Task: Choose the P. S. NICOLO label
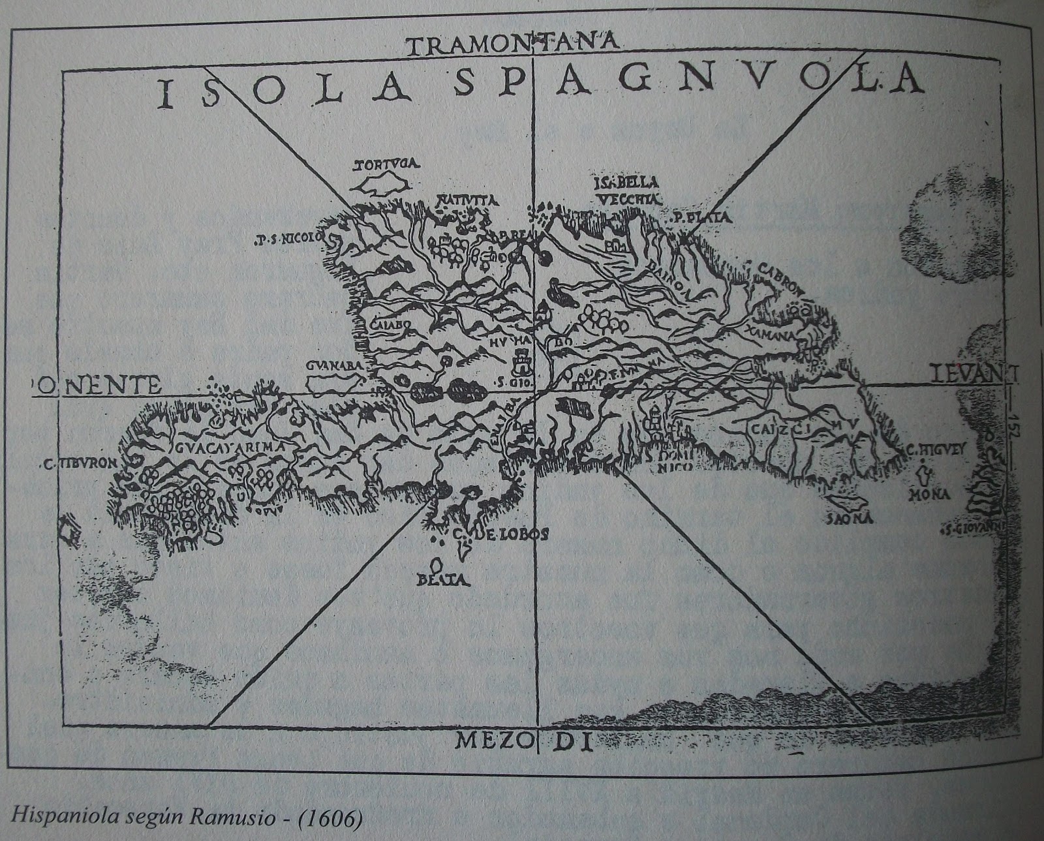coord(289,239)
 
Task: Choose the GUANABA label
coord(333,366)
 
